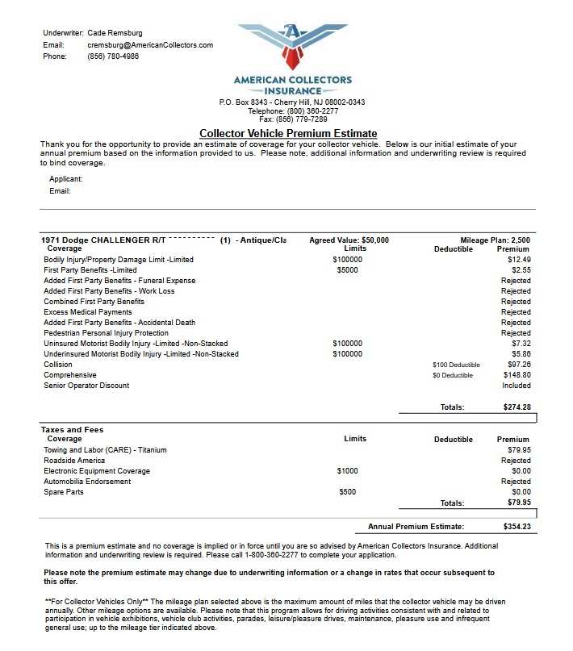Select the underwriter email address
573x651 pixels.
pos(150,45)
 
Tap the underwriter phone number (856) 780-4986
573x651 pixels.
pos(113,56)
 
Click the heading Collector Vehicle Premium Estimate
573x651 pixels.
pos(288,133)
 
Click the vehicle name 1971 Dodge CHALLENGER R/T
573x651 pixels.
pos(104,240)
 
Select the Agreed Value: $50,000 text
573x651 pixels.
pos(349,240)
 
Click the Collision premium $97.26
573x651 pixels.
pos(517,365)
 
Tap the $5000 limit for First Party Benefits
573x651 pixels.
pos(348,270)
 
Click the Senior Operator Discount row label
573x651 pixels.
pos(86,386)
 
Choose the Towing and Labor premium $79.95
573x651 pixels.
pos(517,450)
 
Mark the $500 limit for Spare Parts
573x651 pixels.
pos(347,492)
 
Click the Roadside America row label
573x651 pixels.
pos(74,461)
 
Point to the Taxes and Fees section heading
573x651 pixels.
pos(72,430)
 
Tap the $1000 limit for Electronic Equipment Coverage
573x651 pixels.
pos(348,471)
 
